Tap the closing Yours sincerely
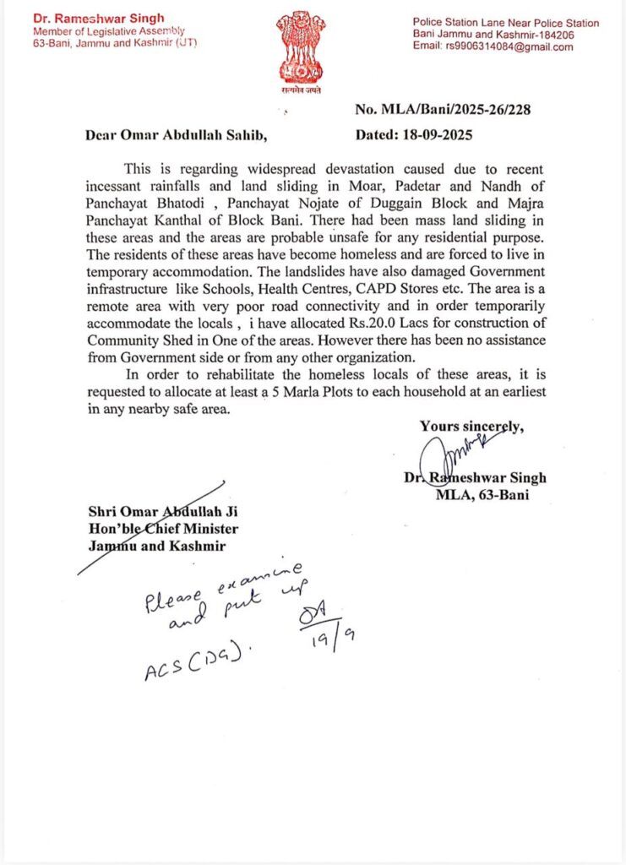(471, 427)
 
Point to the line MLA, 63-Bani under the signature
(482, 495)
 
